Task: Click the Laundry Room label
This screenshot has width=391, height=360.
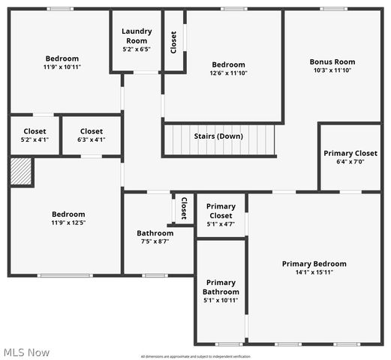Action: click(x=137, y=35)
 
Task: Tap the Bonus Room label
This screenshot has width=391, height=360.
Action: click(x=332, y=61)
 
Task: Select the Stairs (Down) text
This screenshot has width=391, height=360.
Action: click(x=218, y=136)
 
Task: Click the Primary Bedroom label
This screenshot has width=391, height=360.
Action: click(x=314, y=263)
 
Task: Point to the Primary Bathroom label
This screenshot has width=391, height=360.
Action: click(x=221, y=287)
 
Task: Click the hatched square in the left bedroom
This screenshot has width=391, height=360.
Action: click(x=21, y=172)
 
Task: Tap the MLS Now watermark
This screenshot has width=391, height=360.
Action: click(x=27, y=352)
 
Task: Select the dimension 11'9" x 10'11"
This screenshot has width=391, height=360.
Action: click(x=62, y=67)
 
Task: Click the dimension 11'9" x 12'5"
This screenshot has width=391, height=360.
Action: click(x=68, y=223)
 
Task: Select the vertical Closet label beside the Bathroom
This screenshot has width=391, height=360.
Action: click(x=184, y=208)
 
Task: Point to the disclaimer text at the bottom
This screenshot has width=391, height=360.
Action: click(x=195, y=356)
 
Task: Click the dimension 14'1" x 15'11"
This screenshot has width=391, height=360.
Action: click(x=314, y=272)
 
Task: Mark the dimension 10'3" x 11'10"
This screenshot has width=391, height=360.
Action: click(x=332, y=70)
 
